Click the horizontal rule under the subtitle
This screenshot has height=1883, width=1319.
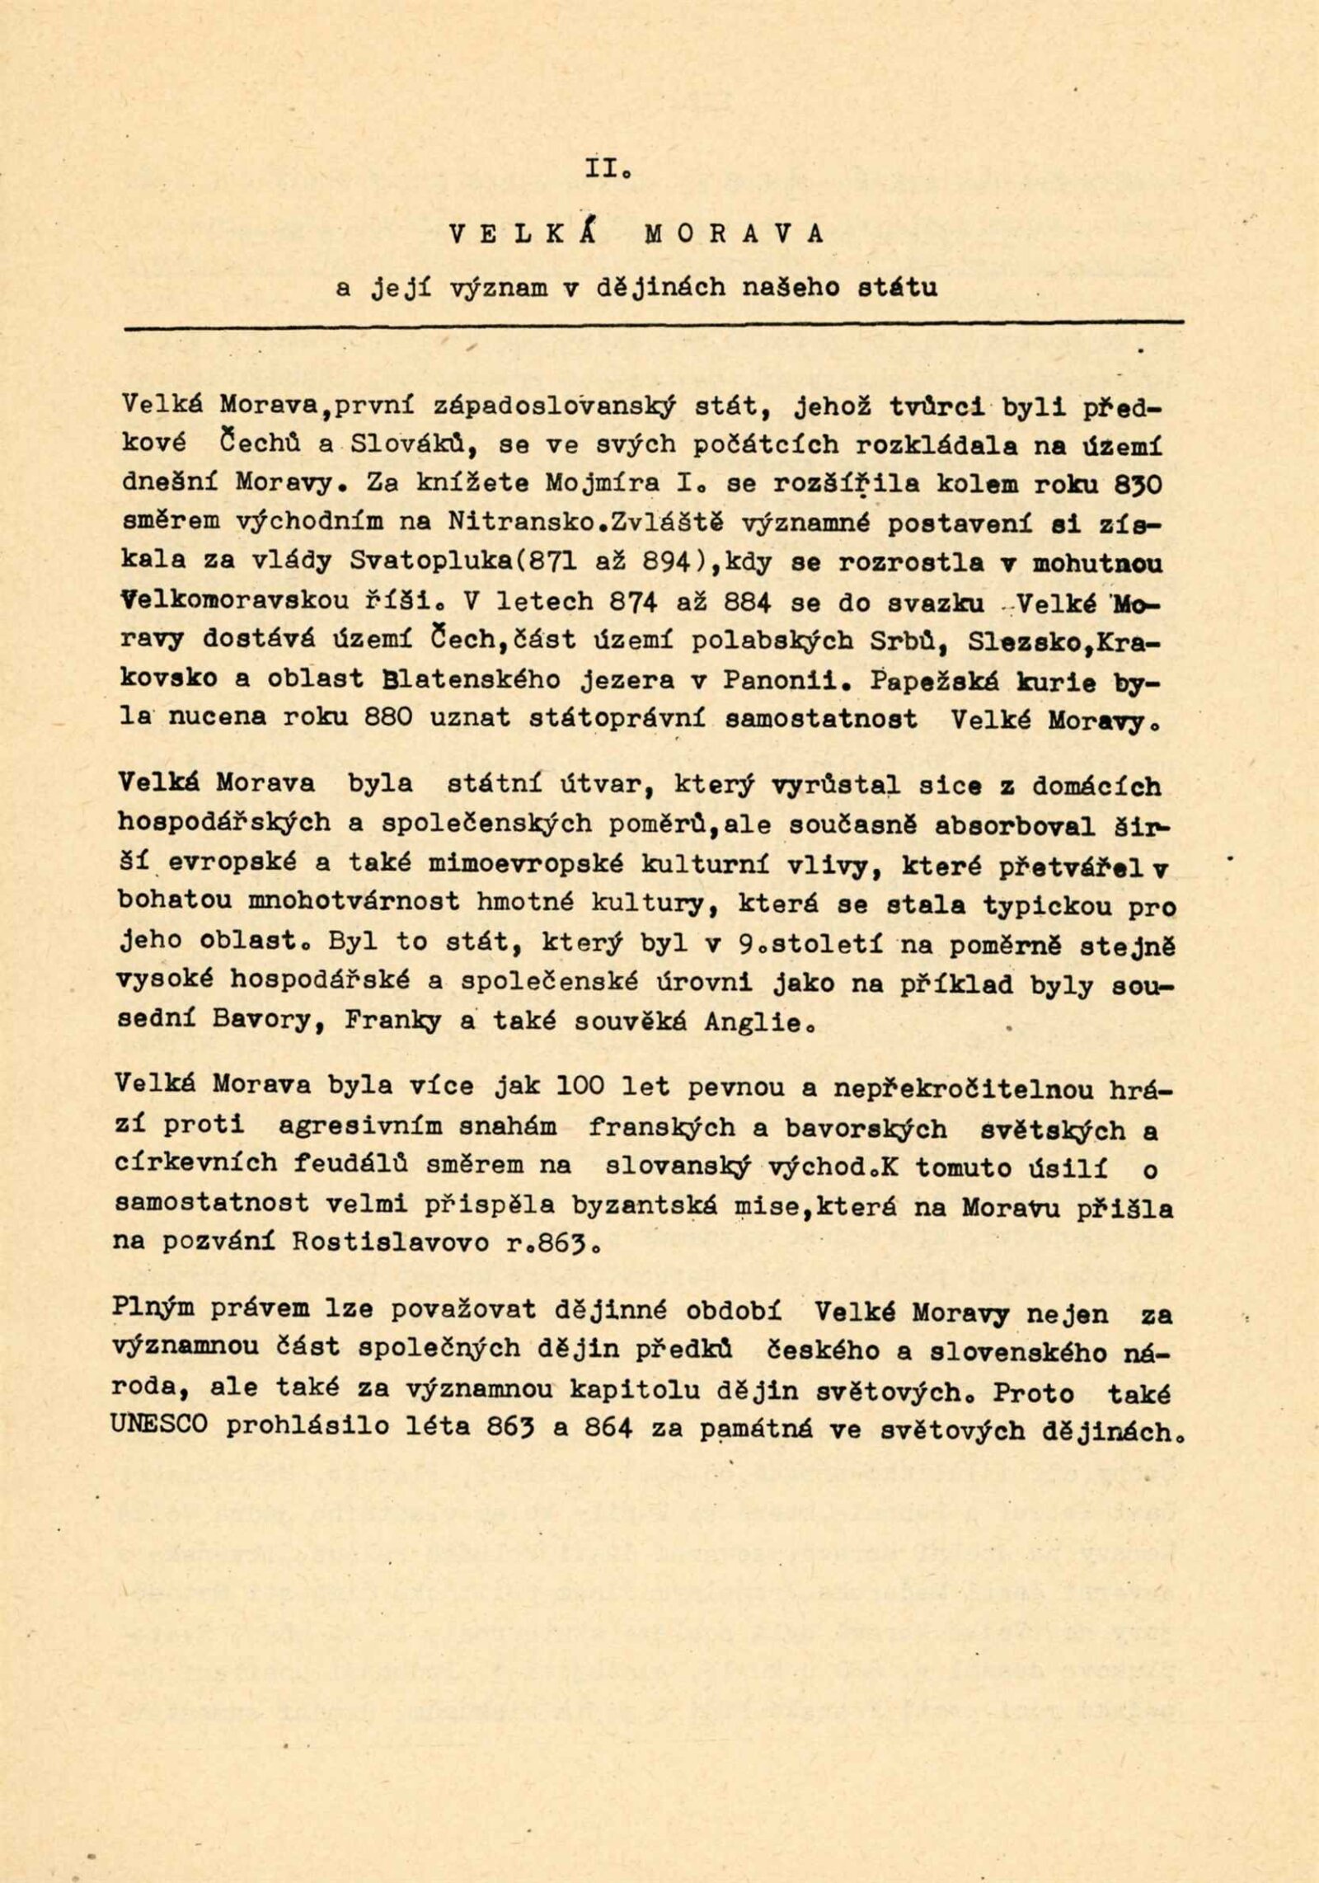point(651,327)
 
